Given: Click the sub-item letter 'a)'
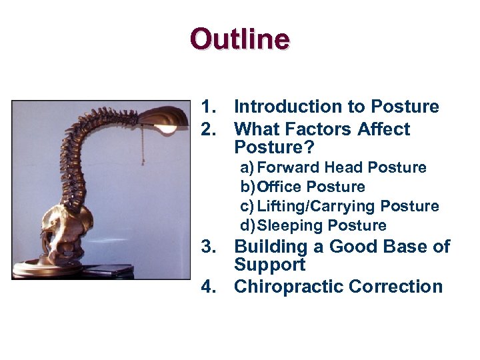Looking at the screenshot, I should [x=247, y=167].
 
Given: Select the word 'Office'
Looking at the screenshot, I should [x=280, y=187].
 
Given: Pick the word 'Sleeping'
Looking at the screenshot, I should [x=288, y=225].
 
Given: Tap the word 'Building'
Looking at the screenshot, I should [x=273, y=247].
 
